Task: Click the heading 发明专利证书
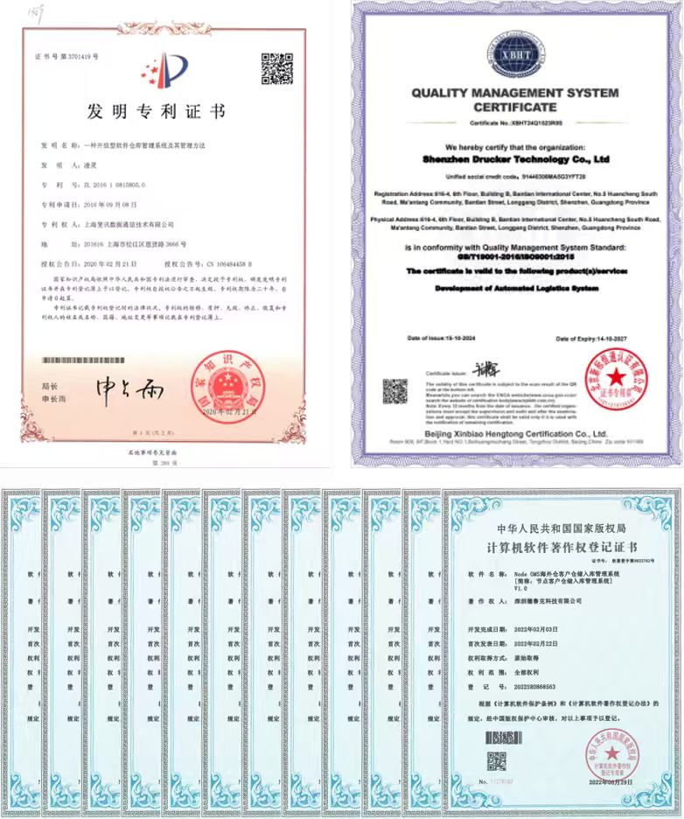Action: tap(157, 111)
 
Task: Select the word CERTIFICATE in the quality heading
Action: tap(514, 107)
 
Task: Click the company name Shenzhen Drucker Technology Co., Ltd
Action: tap(514, 161)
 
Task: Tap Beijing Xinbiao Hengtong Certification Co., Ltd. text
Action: tap(514, 433)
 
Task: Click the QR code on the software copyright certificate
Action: tap(497, 761)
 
